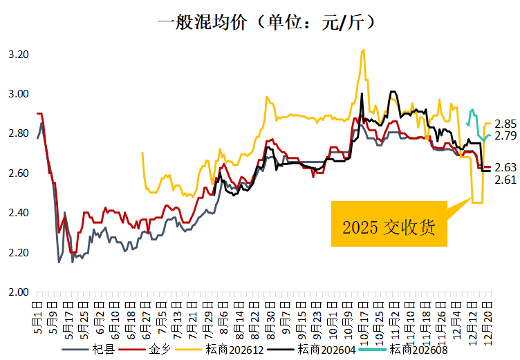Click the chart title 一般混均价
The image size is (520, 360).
267,22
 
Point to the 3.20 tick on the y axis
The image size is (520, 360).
18,54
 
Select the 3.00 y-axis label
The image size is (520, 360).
18,94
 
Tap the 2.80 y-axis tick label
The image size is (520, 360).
18,133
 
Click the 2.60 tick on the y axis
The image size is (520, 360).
18,173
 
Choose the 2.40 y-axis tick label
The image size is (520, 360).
18,213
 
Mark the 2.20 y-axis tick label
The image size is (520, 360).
18,252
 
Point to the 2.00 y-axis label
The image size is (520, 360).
18,292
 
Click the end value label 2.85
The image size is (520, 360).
506,124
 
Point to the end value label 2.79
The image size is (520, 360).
506,135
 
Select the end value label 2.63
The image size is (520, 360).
506,167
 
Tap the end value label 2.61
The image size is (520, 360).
506,180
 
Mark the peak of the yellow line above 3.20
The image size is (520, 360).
363,50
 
